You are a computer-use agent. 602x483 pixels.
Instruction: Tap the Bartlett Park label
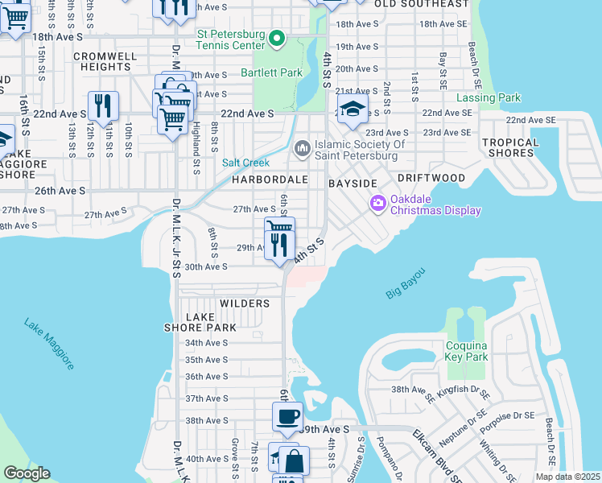point(271,72)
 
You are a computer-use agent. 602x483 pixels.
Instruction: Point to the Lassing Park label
point(489,98)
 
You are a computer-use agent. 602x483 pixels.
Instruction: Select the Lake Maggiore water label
point(49,345)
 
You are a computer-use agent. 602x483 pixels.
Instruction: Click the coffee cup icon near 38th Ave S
point(287,417)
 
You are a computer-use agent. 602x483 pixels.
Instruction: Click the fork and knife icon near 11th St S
point(103,105)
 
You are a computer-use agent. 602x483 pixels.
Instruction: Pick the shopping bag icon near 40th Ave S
point(295,461)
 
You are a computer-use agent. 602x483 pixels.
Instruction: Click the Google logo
point(27,473)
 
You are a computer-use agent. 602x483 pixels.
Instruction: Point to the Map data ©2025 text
point(567,477)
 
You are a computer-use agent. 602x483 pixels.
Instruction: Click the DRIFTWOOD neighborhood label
point(431,177)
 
